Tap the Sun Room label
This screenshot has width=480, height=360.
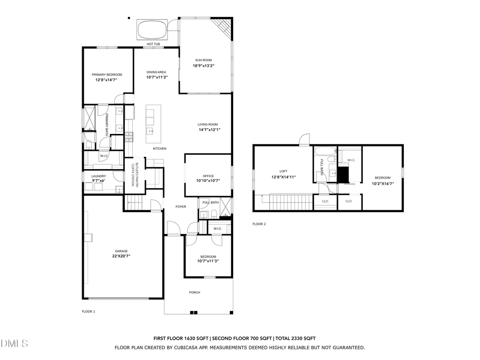tap(203, 60)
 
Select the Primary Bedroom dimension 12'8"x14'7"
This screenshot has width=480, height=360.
tap(107, 80)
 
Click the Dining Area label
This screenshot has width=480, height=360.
tap(156, 71)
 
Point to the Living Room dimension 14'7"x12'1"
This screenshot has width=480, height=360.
tap(209, 130)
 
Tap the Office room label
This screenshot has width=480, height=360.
tap(208, 175)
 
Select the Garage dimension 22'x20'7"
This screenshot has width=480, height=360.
tap(121, 257)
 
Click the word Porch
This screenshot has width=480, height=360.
tap(195, 292)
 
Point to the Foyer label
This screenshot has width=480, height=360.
tap(181, 206)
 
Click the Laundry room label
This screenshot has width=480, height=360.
tap(99, 176)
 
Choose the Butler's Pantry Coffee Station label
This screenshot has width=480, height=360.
tap(135, 174)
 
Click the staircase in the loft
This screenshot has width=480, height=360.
tap(290, 203)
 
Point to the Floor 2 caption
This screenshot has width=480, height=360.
tap(259, 224)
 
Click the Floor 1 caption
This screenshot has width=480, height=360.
tap(88, 311)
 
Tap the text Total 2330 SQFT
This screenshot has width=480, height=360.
tap(295, 338)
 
